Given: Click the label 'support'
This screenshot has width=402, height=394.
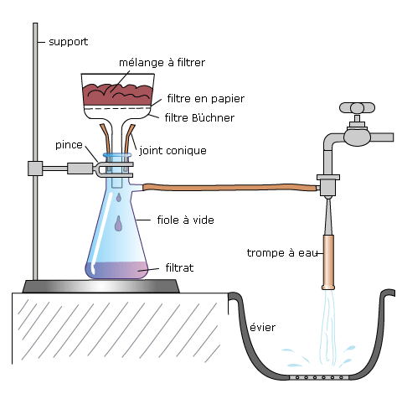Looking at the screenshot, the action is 69,42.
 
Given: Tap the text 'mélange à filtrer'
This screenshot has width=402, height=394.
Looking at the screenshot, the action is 162,62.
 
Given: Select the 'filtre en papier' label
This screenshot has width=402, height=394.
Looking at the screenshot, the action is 206,99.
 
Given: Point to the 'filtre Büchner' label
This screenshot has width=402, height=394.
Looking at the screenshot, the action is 199,117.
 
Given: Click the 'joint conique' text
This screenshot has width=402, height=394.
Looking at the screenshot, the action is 173,151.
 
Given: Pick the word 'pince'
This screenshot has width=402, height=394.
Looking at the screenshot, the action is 69,145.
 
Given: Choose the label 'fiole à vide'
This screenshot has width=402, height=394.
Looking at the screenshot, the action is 185,220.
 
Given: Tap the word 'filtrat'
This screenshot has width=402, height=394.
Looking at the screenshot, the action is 179,267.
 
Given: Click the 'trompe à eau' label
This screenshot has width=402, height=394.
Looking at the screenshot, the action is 282,253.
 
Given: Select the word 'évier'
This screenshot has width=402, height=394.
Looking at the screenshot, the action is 262,327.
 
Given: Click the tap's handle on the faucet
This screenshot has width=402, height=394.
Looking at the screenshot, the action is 357,108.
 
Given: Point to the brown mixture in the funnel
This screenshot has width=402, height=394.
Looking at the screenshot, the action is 117,95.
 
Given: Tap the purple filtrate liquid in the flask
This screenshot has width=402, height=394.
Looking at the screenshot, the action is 116,270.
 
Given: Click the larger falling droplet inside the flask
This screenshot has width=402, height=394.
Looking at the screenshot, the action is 119,224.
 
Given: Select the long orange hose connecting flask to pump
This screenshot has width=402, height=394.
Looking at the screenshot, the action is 231,187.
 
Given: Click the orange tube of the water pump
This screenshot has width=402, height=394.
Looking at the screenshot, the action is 328,262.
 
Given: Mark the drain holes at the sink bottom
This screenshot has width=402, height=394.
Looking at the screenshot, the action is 319,377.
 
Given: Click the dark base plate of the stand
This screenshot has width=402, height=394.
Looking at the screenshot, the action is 100,287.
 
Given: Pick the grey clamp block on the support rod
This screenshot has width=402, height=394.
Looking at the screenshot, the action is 35,168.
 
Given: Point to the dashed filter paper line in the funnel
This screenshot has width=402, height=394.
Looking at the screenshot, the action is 117,108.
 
